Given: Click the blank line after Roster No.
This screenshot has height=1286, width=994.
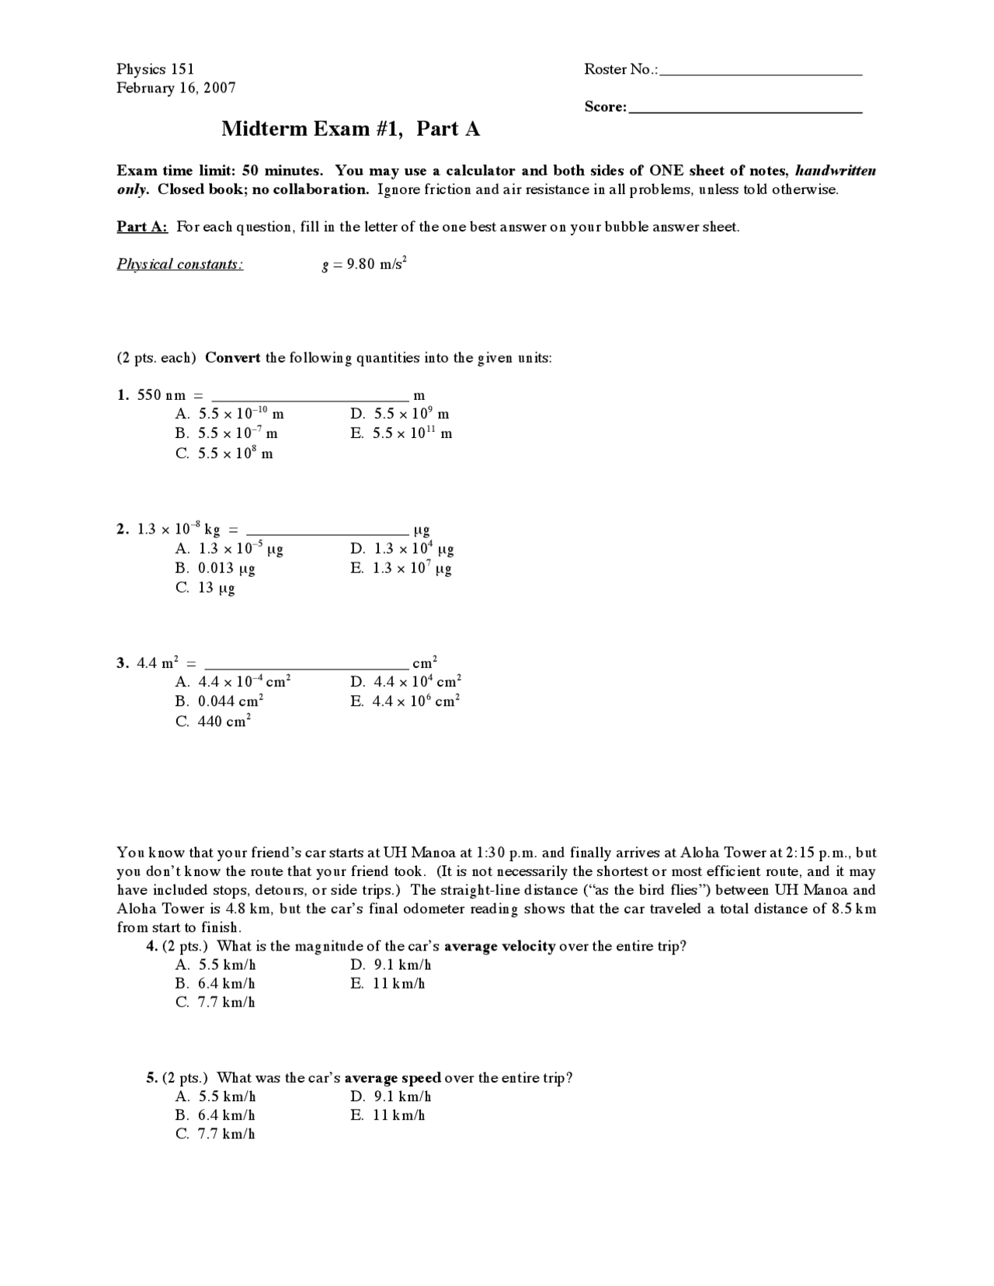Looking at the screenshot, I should [x=761, y=72].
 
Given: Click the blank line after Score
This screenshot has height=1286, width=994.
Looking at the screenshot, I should [x=745, y=110].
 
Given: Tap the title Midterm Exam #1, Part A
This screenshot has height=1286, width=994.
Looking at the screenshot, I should [x=350, y=129].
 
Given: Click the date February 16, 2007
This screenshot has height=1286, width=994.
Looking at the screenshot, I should [x=176, y=88].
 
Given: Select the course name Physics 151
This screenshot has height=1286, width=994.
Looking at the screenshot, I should [x=155, y=69].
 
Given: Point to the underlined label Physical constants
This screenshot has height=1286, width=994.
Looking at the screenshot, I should [x=179, y=264].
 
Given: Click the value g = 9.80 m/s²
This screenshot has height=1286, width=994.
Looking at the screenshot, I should [x=364, y=264].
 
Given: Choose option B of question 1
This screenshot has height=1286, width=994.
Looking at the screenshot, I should [x=227, y=433].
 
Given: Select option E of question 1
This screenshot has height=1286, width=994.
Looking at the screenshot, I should [x=401, y=433].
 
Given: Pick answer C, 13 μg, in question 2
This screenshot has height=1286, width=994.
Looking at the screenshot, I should [x=206, y=588].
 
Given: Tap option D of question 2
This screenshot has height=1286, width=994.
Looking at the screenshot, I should [x=402, y=549].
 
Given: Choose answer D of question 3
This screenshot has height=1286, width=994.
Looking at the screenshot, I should [x=406, y=682].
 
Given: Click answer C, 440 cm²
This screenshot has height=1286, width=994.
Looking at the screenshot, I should [x=214, y=721].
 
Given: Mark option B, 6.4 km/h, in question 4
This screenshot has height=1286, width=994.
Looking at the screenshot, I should [x=216, y=984].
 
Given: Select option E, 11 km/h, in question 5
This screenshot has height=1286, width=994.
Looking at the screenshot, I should [x=388, y=1115].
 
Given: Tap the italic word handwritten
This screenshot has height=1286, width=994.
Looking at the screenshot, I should [x=836, y=171].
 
